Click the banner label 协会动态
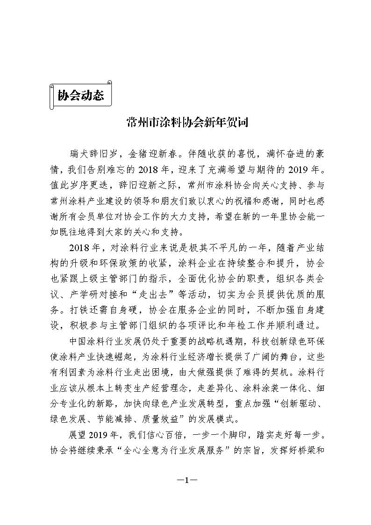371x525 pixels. [80, 95]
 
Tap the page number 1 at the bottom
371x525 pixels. [185, 480]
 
